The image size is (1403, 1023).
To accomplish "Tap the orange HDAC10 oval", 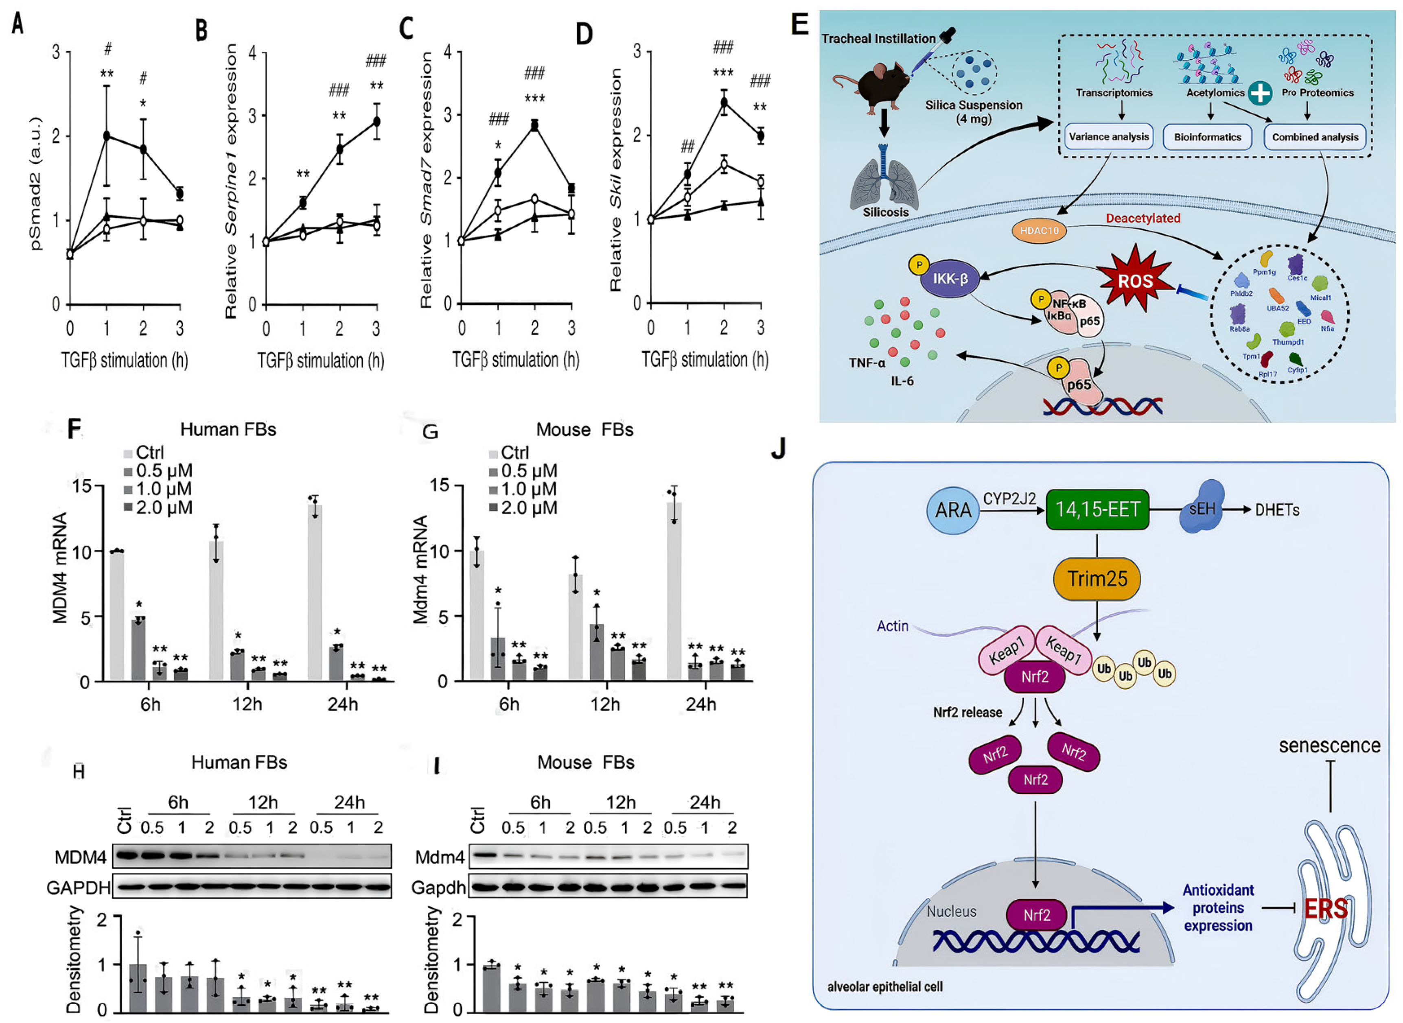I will pos(1039,230).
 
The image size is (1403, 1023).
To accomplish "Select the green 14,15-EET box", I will pos(1097,509).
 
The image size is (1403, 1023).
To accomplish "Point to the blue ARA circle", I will pos(953,510).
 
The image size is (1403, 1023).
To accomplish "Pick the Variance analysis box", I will pos(1108,136).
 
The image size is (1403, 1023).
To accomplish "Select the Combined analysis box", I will pos(1314,137).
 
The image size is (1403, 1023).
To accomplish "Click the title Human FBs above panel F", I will pos(228,429).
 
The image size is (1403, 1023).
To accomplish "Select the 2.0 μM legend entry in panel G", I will pos(523,508).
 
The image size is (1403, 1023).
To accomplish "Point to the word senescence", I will pos(1329,745).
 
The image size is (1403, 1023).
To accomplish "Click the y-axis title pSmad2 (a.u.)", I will pos(35,183).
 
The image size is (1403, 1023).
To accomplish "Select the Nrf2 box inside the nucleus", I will pos(1036,915).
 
